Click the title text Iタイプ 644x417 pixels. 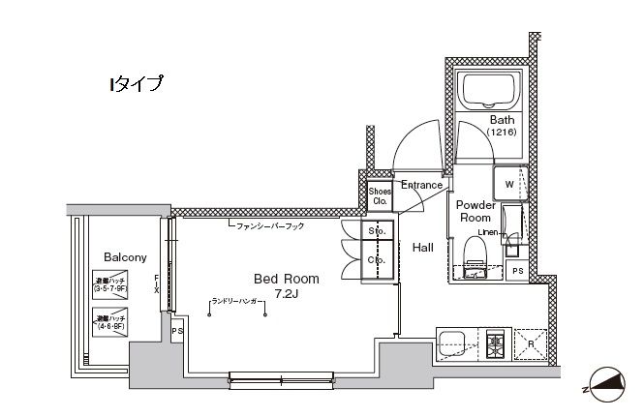135,83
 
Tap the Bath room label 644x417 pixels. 503,120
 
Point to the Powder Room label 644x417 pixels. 475,212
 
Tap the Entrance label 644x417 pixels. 421,185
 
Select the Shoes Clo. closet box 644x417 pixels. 379,196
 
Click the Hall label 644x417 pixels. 423,248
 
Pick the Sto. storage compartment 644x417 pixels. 375,232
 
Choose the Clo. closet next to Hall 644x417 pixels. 375,261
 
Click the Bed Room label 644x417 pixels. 286,278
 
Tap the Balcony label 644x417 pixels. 125,257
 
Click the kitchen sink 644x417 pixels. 453,343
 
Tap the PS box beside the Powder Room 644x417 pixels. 518,271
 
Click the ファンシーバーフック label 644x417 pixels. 269,226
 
